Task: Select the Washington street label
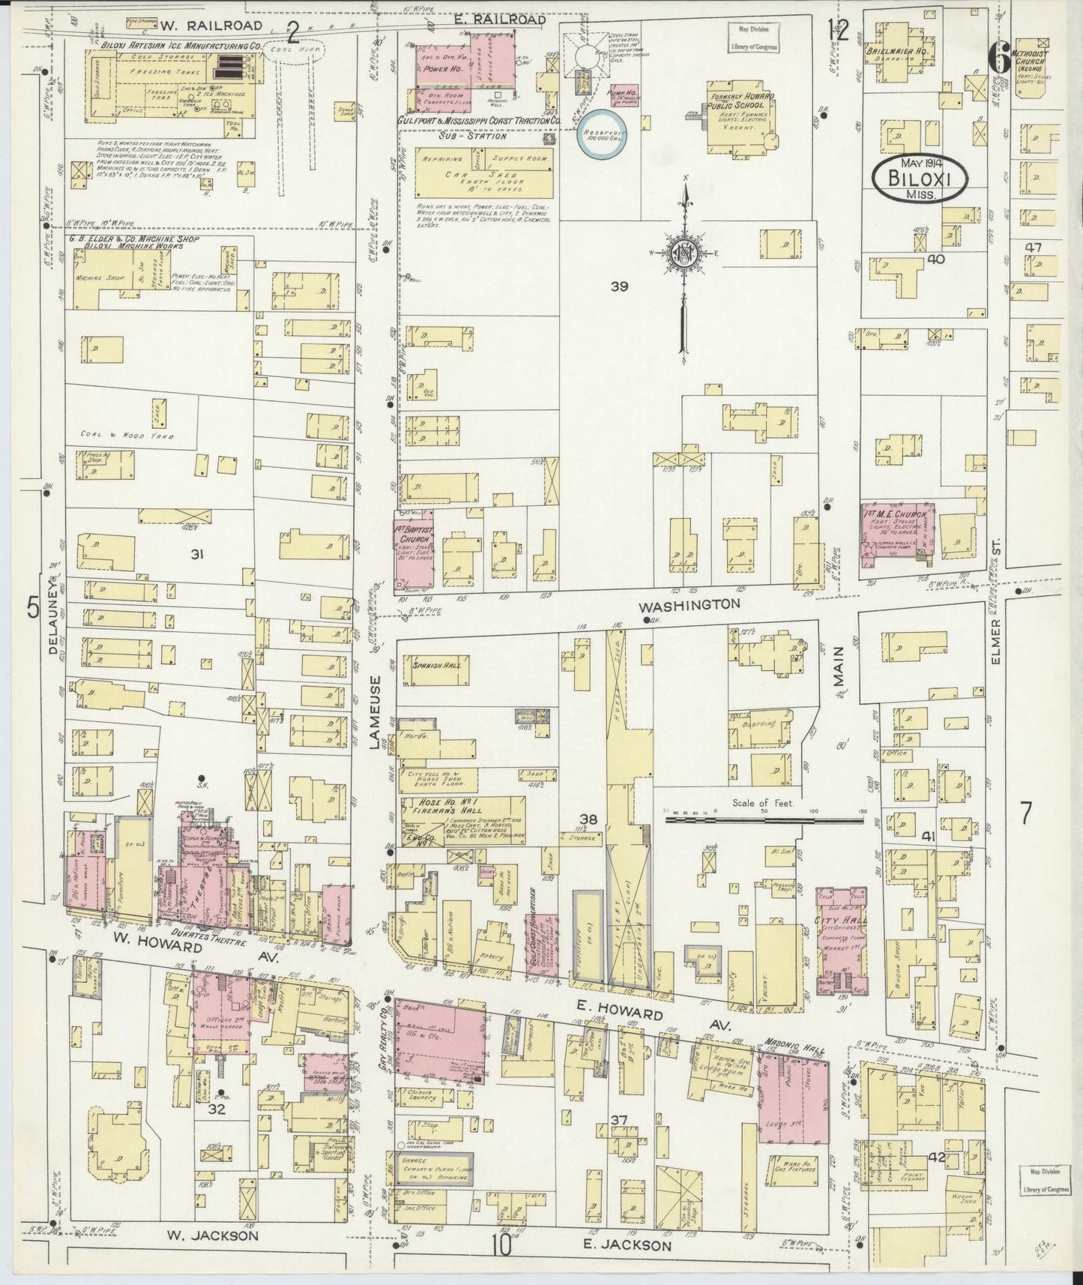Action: pos(691,604)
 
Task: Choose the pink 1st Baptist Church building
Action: pos(414,551)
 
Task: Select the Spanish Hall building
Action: pos(437,665)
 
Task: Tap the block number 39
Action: pos(618,286)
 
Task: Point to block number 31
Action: pos(197,555)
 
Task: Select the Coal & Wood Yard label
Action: pos(127,436)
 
